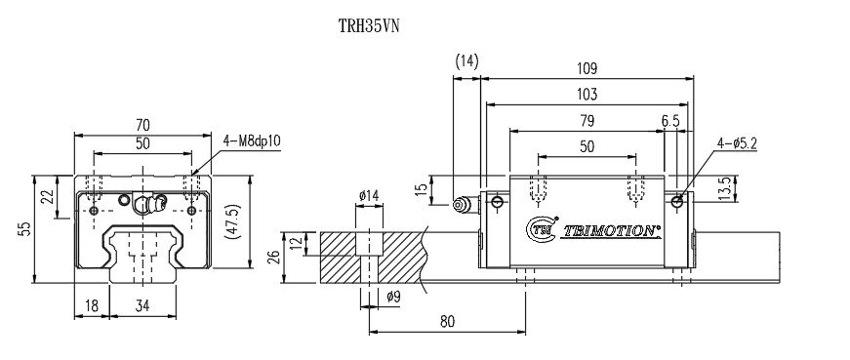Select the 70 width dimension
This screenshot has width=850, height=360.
click(x=142, y=125)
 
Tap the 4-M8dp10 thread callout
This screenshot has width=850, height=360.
click(x=252, y=140)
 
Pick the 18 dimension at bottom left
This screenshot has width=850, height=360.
click(x=91, y=305)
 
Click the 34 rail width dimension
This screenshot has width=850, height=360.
click(x=142, y=305)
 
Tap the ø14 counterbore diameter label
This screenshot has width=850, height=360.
click(x=369, y=196)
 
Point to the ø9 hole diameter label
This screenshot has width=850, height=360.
click(x=393, y=297)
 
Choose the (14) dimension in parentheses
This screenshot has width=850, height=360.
click(x=466, y=60)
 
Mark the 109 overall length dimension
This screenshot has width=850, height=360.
click(x=587, y=68)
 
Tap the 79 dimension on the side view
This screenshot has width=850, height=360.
click(x=587, y=120)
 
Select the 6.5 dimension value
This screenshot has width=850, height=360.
click(x=670, y=120)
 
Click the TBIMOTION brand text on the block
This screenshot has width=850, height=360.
click(x=612, y=231)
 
